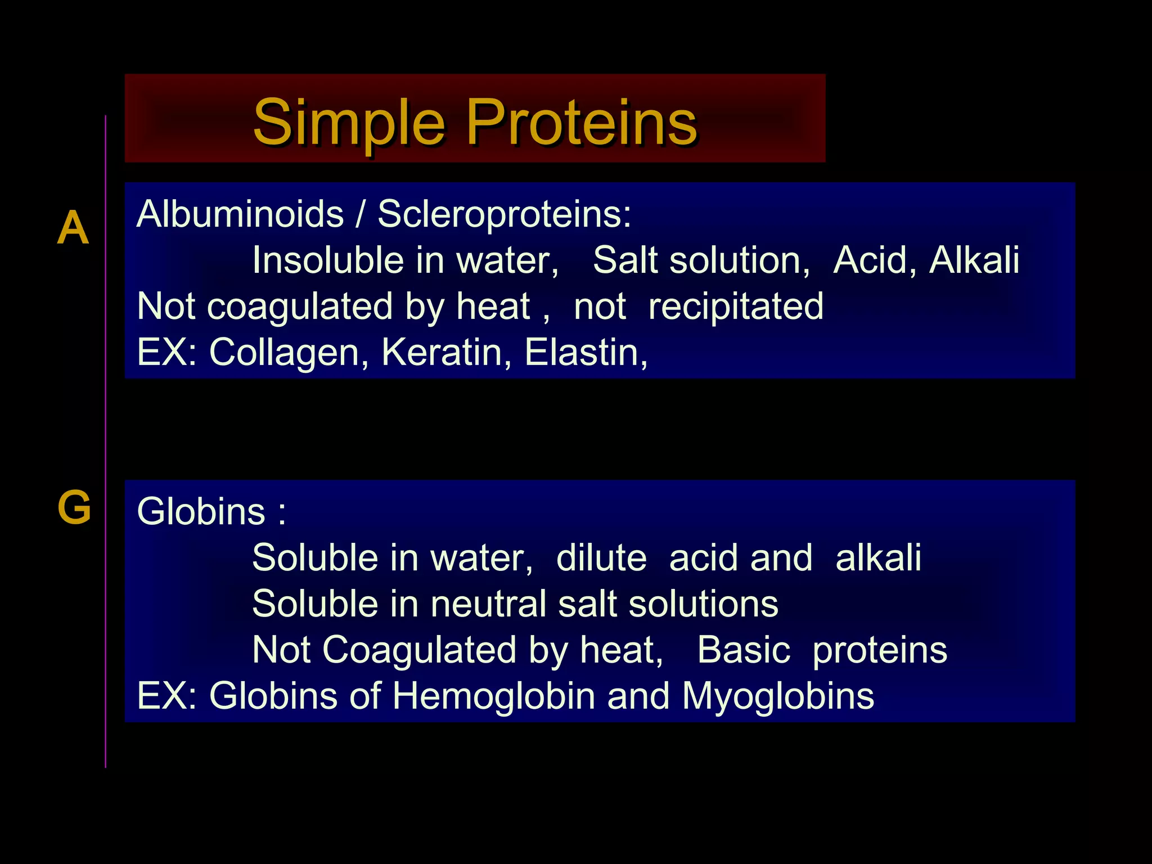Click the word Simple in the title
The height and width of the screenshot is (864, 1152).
click(349, 123)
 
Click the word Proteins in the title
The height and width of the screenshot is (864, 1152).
click(582, 123)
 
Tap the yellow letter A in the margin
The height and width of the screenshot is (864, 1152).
click(73, 228)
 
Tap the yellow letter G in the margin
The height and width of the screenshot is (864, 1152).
click(74, 507)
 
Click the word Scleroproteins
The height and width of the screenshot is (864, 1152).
click(504, 214)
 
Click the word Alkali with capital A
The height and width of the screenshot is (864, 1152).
click(974, 260)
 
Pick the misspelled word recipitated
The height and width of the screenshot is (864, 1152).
click(736, 307)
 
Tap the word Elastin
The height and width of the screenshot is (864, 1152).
click(586, 353)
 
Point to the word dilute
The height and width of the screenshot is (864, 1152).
click(601, 558)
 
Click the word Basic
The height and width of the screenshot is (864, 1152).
click(744, 650)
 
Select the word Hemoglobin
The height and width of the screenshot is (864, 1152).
click(493, 696)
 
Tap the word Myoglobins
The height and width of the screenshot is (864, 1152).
click(778, 696)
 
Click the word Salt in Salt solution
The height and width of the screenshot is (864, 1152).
click(624, 260)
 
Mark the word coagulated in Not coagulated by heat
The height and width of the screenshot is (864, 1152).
click(300, 307)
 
